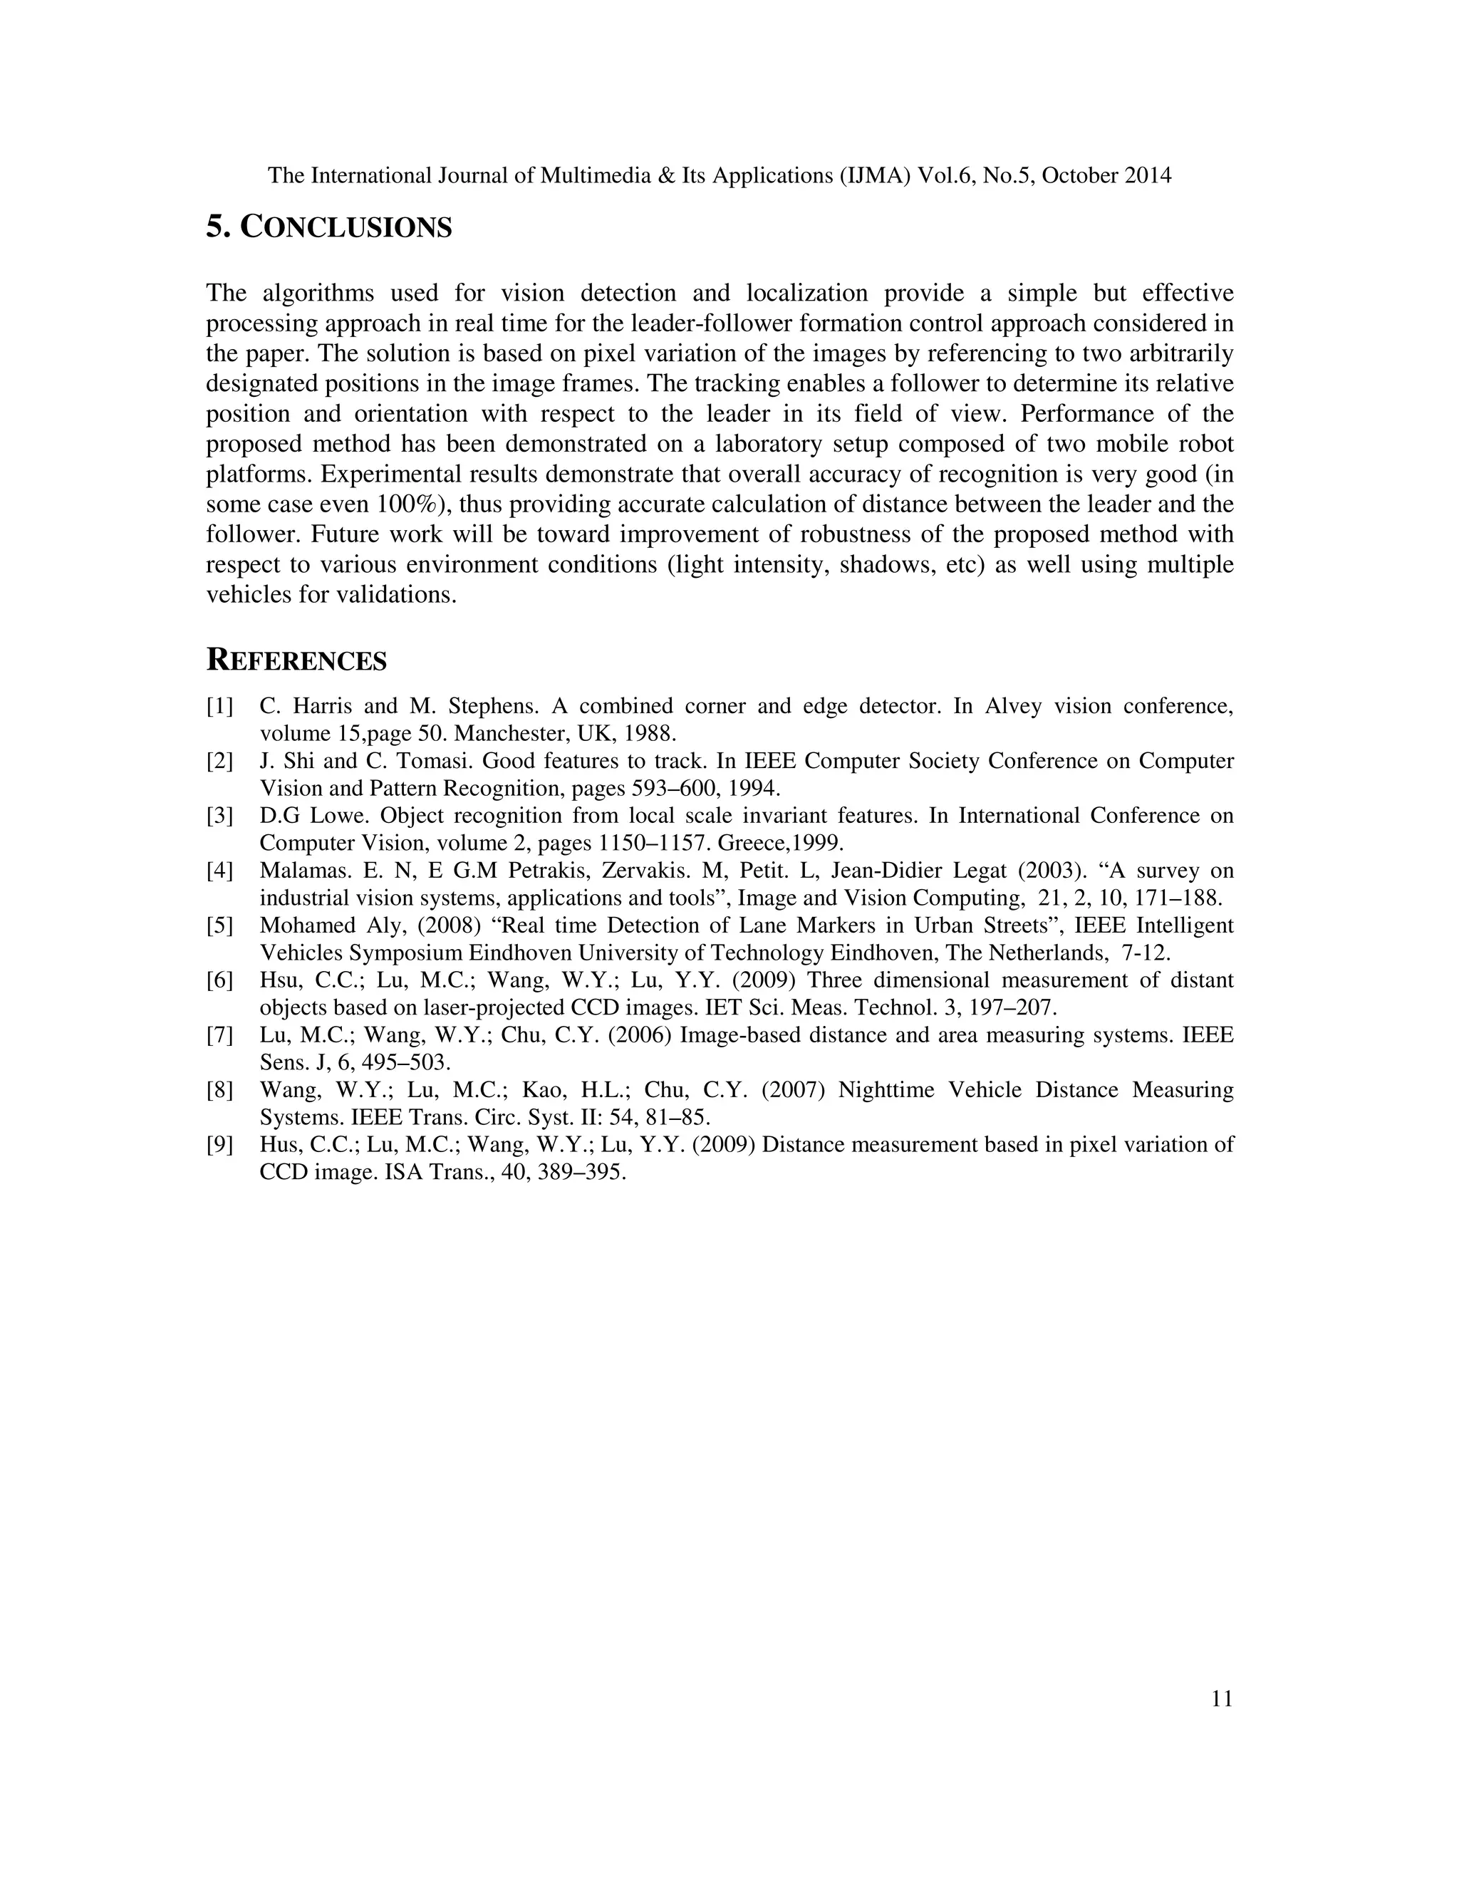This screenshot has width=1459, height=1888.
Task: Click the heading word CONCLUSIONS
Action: [346, 227]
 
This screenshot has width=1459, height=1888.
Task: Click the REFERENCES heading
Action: [296, 661]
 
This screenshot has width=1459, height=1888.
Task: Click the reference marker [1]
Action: [219, 706]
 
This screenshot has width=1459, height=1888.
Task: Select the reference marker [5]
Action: [219, 926]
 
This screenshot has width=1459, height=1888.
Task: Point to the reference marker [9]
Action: [219, 1146]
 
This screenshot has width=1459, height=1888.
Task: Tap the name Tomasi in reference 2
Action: [430, 762]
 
